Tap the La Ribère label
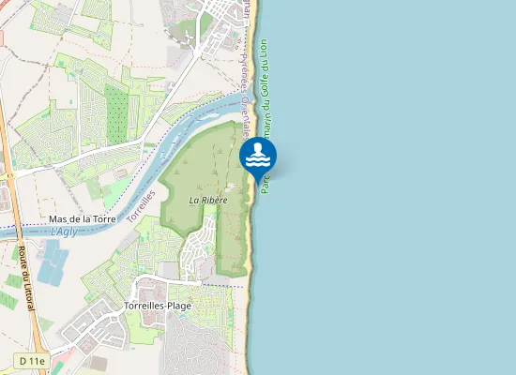pos(208,200)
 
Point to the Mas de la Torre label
pos(83,218)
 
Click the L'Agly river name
pos(65,231)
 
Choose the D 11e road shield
pos(31,360)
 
